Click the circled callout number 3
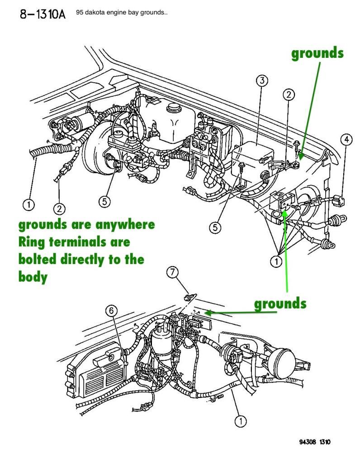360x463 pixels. point(261,81)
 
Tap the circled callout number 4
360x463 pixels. point(346,139)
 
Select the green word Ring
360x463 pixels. point(33,242)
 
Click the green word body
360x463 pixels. point(33,277)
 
